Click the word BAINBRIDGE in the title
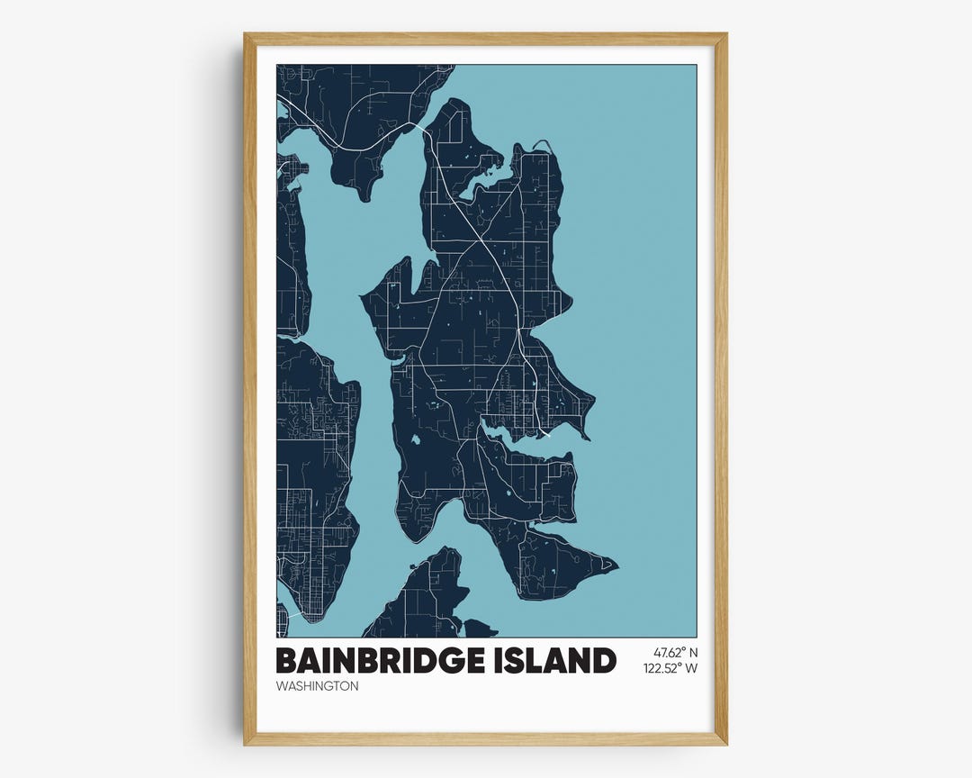point(386,660)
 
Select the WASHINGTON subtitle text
point(318,686)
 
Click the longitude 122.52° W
point(670,668)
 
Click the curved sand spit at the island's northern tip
point(542,143)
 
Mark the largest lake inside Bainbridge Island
point(417,441)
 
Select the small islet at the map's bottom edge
point(478,629)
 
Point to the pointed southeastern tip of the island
point(616,566)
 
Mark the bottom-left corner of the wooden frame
point(246,743)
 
